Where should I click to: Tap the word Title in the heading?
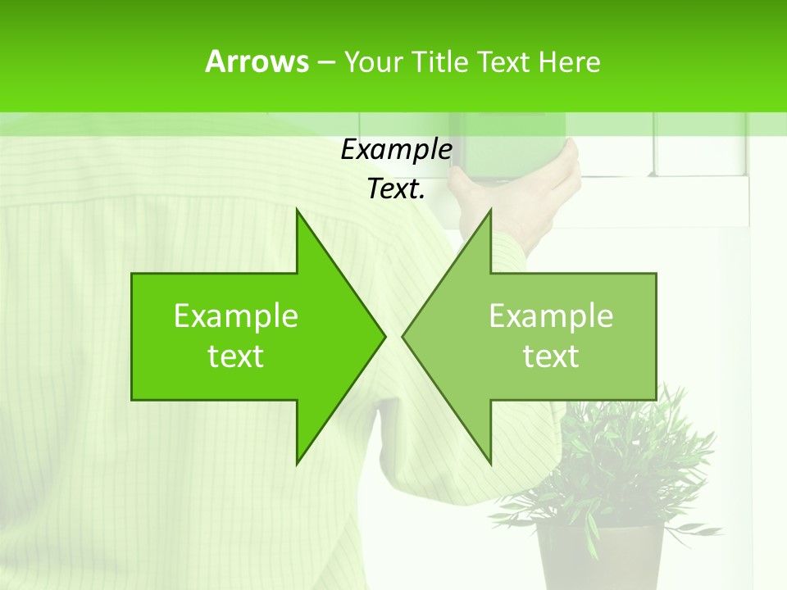tap(441, 61)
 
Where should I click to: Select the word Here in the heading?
tap(569, 61)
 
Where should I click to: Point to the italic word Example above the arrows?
tap(396, 150)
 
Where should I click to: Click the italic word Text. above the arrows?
tap(396, 189)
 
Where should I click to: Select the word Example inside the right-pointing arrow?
tap(236, 316)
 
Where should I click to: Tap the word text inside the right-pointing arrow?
tap(236, 356)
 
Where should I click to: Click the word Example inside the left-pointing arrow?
tap(551, 316)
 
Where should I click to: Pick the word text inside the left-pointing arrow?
tap(551, 356)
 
